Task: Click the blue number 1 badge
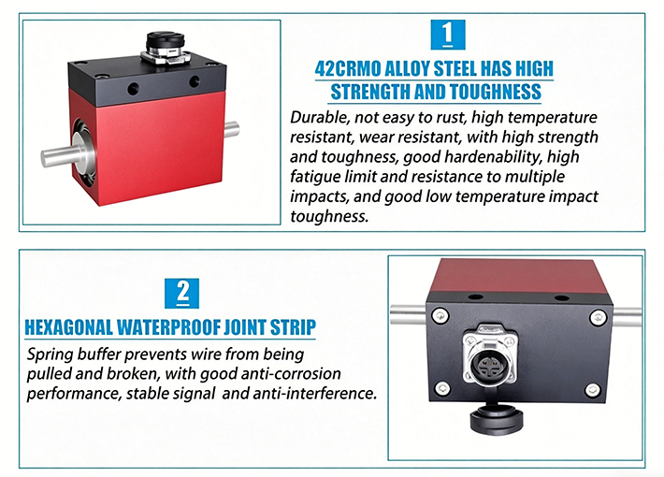[x=448, y=35]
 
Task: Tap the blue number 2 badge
[x=181, y=293]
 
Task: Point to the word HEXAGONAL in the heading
[x=68, y=327]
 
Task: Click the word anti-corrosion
[x=291, y=373]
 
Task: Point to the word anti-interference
[x=314, y=394]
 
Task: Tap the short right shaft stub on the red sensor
[x=231, y=129]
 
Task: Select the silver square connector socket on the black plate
[x=490, y=356]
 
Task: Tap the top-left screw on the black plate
[x=440, y=315]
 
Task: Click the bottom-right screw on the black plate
[x=592, y=389]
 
